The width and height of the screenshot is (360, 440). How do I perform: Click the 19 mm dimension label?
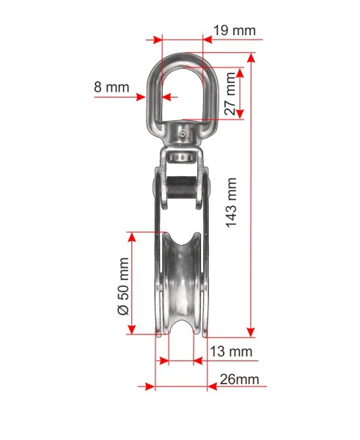pyautogui.click(x=235, y=30)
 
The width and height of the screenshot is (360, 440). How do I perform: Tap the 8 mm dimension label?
pyautogui.click(x=111, y=87)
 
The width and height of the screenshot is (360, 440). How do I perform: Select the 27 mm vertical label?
pyautogui.click(x=230, y=93)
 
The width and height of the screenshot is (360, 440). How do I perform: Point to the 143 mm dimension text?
pyautogui.click(x=232, y=202)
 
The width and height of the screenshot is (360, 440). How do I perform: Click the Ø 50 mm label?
pyautogui.click(x=123, y=287)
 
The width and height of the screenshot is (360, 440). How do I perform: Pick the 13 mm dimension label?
pyautogui.click(x=231, y=351)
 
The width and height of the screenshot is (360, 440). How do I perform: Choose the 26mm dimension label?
pyautogui.click(x=239, y=379)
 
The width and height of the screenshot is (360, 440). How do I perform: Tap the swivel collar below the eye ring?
pyautogui.click(x=182, y=135)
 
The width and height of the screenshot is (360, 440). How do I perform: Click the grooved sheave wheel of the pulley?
pyautogui.click(x=182, y=283)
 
